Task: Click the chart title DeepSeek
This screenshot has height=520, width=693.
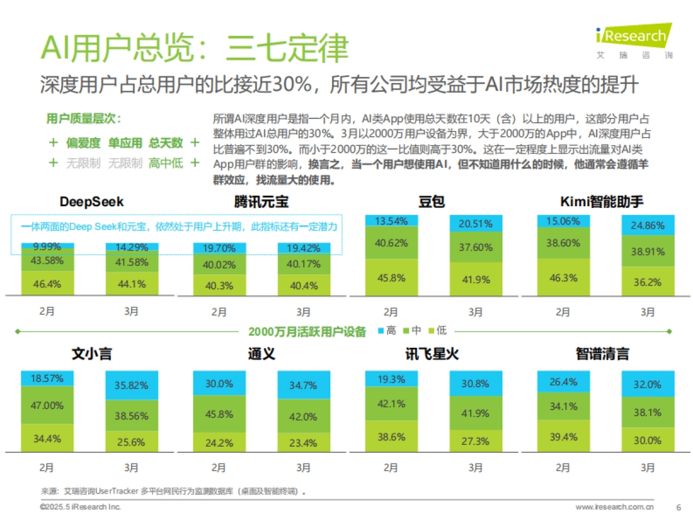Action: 91,202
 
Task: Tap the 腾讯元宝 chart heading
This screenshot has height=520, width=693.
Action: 261,202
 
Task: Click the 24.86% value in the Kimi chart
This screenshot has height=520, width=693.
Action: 647,225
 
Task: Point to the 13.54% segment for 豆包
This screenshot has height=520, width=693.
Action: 391,221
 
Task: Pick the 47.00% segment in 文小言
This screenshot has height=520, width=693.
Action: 47,405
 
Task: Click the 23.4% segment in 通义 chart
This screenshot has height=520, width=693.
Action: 303,443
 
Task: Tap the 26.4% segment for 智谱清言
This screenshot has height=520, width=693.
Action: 563,382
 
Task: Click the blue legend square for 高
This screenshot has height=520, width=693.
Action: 381,331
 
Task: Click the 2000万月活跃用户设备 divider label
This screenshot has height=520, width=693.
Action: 307,332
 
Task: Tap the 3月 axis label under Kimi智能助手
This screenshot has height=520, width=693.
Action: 647,312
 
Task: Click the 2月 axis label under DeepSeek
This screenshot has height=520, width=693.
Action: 47,312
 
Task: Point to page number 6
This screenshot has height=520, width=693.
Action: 678,507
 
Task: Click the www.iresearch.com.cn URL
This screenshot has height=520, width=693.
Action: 614,507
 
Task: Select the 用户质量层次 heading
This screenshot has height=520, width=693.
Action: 83,119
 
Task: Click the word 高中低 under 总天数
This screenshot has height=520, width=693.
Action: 166,163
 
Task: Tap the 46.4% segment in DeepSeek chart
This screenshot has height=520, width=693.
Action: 47,284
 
